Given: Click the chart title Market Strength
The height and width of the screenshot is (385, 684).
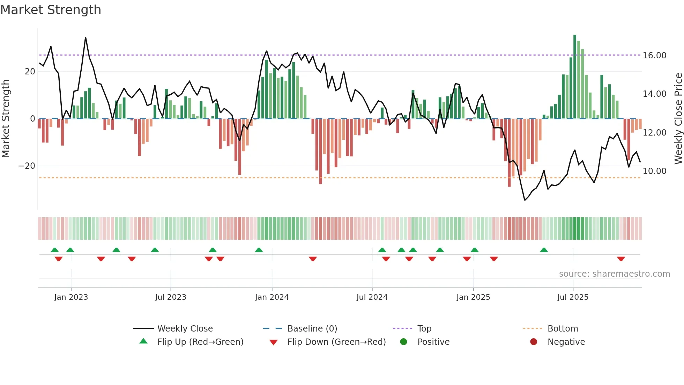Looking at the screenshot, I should (x=51, y=10).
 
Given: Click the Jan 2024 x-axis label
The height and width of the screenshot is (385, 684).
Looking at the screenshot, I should (x=272, y=297).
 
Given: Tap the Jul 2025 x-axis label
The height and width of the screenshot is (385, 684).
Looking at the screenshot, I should (x=573, y=297).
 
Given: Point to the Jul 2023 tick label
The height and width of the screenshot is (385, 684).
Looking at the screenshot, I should (x=171, y=297).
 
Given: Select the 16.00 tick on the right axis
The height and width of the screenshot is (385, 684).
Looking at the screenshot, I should (x=654, y=56).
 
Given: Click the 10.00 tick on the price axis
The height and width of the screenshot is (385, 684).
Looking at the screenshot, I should (x=654, y=171).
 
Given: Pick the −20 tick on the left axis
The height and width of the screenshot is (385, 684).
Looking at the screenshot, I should (x=27, y=166).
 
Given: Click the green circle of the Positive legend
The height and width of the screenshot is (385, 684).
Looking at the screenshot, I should (x=404, y=342).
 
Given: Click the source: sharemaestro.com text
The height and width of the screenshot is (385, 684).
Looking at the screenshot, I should (x=614, y=274).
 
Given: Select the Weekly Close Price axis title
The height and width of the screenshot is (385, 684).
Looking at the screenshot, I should (x=678, y=119).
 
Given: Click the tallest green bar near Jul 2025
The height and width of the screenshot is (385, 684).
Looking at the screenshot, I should (x=575, y=77).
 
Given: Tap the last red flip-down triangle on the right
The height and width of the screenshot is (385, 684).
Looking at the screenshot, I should (x=621, y=259).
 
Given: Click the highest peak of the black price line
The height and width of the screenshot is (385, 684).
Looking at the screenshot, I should (x=85, y=38).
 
